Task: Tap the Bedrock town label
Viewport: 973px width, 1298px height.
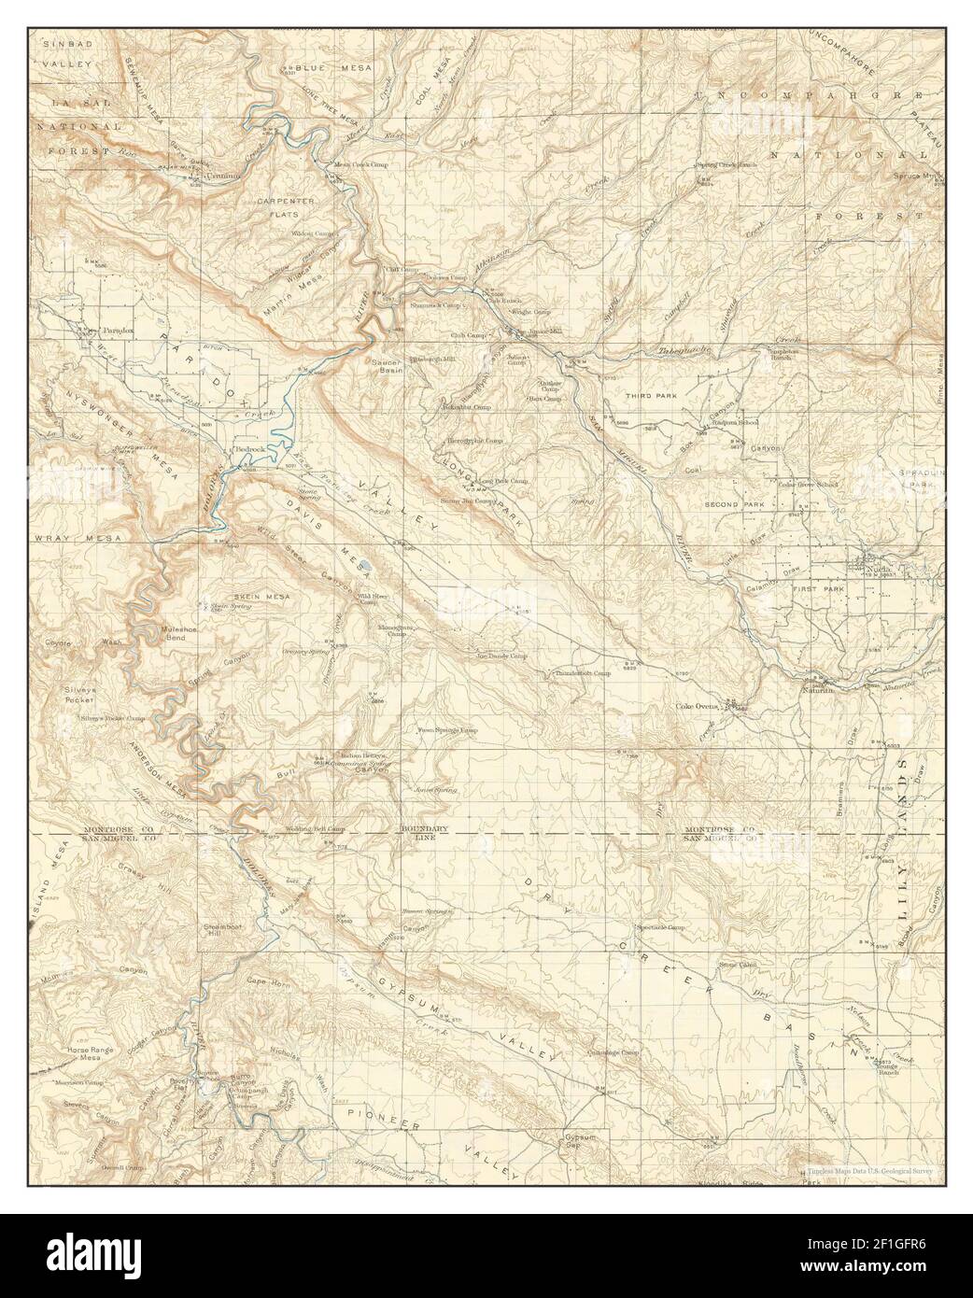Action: pyautogui.click(x=251, y=449)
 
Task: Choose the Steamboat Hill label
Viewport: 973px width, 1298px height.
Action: pyautogui.click(x=222, y=929)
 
